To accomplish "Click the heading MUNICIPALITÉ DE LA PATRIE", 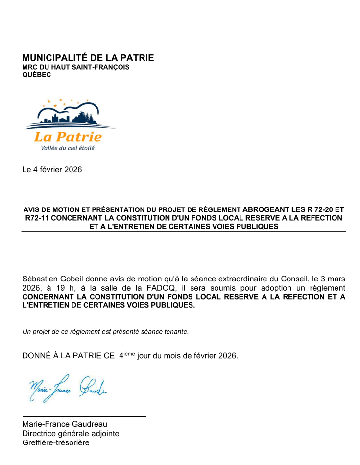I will click(x=88, y=58).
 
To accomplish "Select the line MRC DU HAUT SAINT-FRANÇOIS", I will click(x=76, y=67).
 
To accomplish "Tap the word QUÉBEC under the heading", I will click(x=37, y=75).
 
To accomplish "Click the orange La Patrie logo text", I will click(x=68, y=137).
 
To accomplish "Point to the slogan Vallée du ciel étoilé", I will click(x=64, y=148).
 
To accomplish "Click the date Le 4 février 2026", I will click(x=52, y=170).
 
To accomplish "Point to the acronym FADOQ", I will click(x=159, y=288).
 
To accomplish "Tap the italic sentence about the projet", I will click(x=105, y=331).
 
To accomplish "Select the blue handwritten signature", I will click(x=69, y=389).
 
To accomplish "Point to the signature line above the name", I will click(x=84, y=416).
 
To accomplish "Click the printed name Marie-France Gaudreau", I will click(x=65, y=424).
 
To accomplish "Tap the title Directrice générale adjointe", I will click(x=71, y=434).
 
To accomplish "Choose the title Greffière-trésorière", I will click(x=56, y=443).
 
